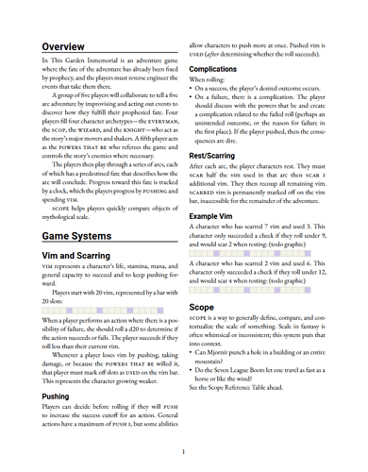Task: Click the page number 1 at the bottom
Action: [183, 452]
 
